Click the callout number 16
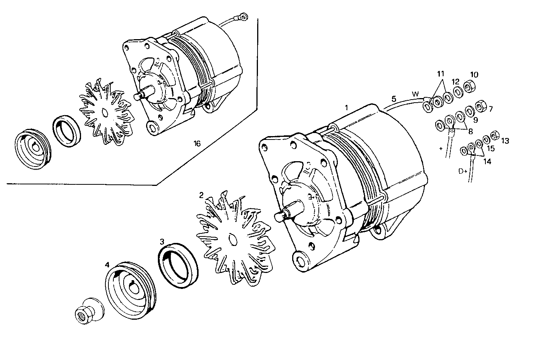click(x=197, y=143)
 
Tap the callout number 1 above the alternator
click(x=346, y=107)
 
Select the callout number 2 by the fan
click(x=201, y=195)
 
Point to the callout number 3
click(x=162, y=241)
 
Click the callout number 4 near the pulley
click(x=107, y=264)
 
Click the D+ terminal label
click(x=463, y=171)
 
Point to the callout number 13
click(x=505, y=141)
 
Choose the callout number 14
click(x=487, y=162)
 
